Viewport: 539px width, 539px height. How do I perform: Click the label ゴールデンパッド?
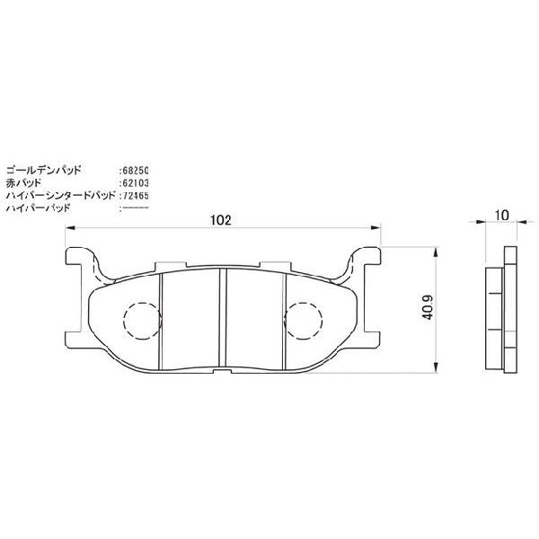44,170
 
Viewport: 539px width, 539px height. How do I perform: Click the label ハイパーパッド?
38,207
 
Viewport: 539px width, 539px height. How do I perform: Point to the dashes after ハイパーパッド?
136,207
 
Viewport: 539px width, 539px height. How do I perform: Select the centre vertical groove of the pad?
223,319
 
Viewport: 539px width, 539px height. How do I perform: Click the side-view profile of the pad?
501,314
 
